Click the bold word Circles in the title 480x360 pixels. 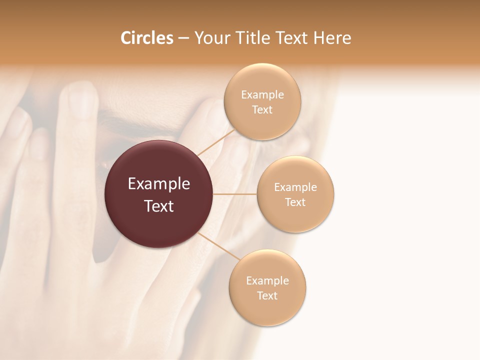146,38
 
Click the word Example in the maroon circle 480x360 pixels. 159,184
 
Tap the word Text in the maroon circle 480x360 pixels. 159,206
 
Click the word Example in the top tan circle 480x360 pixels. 262,95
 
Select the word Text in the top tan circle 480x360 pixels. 262,110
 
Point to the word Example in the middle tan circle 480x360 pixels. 295,187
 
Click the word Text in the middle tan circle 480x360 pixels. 295,202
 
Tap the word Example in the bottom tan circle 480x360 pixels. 267,281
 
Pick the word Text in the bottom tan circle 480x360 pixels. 267,296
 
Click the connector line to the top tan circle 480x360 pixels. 216,142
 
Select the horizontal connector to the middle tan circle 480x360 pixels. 235,194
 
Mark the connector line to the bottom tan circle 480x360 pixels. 218,246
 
